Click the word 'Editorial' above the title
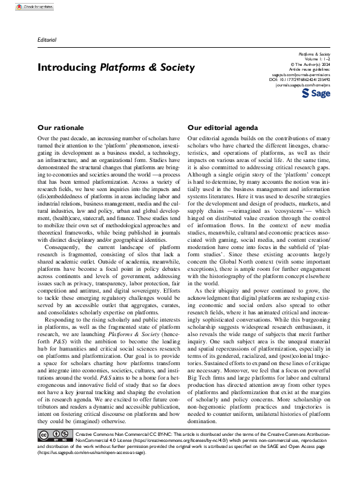coord(47,40)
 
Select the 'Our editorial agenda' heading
coord(223,128)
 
